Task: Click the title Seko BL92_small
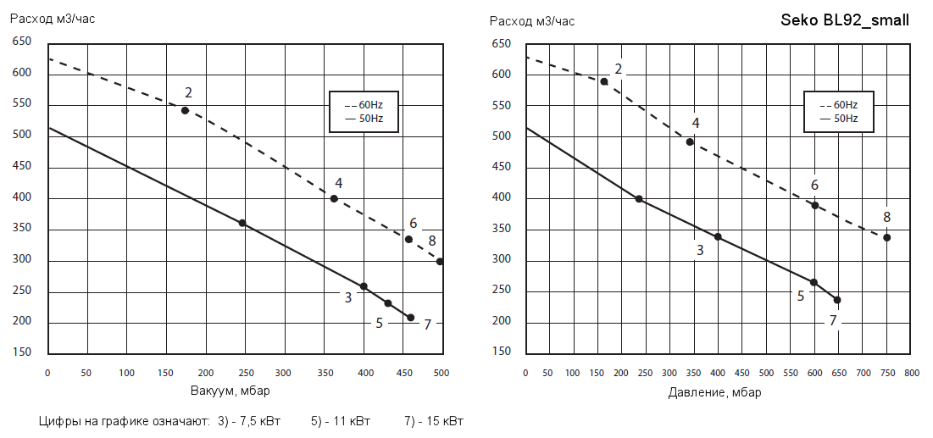click(845, 20)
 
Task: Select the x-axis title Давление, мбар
click(714, 391)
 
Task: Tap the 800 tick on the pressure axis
click(911, 373)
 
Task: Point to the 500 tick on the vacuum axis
click(440, 373)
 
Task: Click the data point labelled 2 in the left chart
click(185, 110)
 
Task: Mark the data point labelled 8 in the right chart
click(886, 237)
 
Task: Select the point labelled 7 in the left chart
click(410, 318)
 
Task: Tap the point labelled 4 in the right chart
click(690, 142)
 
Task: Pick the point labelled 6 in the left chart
click(408, 240)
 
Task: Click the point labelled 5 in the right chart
click(814, 282)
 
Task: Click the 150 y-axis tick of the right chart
click(501, 351)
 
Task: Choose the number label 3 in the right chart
click(700, 250)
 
